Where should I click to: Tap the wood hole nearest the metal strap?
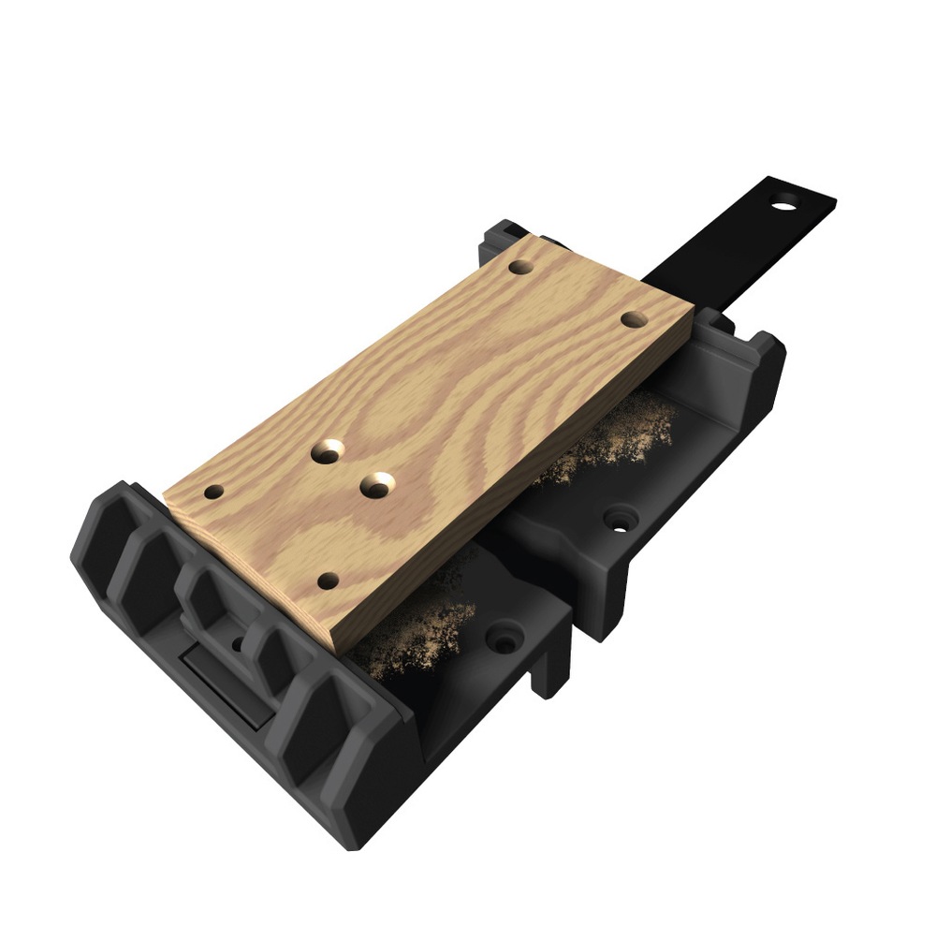(x=521, y=267)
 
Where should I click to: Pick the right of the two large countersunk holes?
(x=378, y=486)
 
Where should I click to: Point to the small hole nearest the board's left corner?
(x=214, y=491)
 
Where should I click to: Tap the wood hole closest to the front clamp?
(x=327, y=581)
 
